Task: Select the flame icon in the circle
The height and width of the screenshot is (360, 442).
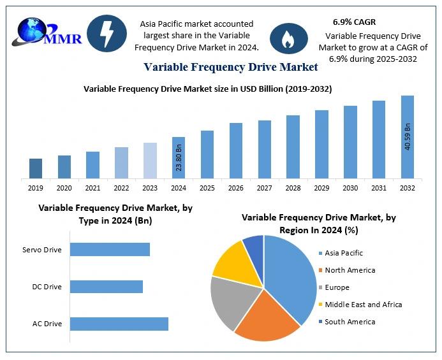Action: [289, 38]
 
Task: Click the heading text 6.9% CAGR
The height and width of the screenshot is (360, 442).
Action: [354, 22]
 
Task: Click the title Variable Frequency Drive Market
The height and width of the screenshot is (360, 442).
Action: [230, 67]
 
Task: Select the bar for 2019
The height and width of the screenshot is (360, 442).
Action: [36, 168]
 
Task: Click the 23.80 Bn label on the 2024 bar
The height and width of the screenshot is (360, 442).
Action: [179, 159]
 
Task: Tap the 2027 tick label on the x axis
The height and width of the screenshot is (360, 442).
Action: [264, 188]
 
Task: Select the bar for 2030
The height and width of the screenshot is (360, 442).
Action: [350, 141]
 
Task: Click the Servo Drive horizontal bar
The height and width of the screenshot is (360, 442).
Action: [110, 250]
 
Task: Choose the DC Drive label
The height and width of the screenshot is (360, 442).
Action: [47, 287]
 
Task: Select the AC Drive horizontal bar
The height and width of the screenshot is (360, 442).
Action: [119, 324]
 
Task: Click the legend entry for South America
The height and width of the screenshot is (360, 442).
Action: [350, 322]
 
